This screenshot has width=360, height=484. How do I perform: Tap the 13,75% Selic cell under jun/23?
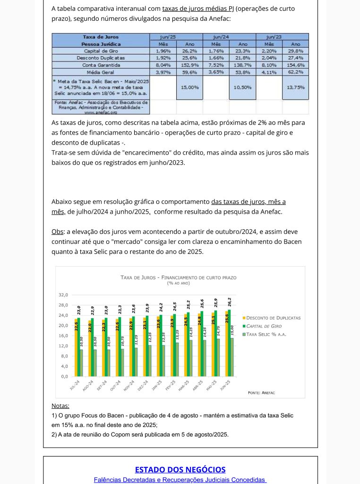[x=295, y=87]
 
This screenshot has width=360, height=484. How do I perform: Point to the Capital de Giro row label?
[x=101, y=51]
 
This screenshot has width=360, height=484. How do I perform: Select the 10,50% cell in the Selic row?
[x=242, y=87]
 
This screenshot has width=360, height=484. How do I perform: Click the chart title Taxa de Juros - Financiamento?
[x=179, y=277]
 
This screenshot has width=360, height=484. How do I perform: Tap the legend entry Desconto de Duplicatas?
[x=274, y=318]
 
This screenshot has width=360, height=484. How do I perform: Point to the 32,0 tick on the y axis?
[x=63, y=295]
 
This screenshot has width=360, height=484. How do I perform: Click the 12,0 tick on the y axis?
[x=63, y=346]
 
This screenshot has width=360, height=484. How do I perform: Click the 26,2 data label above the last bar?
[x=229, y=302]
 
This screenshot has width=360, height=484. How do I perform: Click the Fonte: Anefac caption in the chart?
[x=261, y=393]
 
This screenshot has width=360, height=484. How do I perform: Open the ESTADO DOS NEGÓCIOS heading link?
[x=180, y=469]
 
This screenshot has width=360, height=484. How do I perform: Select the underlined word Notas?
[x=60, y=406]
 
